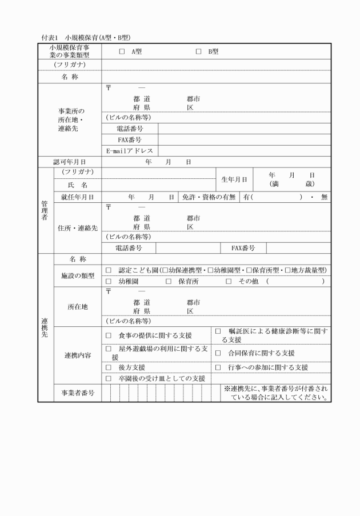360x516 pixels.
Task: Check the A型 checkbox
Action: (122, 51)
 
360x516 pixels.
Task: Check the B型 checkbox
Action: (199, 51)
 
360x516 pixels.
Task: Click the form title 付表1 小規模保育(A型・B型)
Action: (86, 37)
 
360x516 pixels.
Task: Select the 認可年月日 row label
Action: (70, 162)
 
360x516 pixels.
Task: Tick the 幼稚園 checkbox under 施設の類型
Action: (109, 282)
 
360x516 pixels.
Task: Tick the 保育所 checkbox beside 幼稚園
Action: (169, 282)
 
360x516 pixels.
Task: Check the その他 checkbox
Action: (229, 282)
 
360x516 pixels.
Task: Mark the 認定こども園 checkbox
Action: (109, 270)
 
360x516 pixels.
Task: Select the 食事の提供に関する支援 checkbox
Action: (109, 335)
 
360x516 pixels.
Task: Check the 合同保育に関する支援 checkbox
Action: (218, 353)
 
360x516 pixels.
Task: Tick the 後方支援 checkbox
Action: (109, 367)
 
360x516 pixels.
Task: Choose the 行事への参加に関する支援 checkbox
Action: (218, 367)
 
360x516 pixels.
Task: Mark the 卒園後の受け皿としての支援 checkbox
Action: (109, 378)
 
